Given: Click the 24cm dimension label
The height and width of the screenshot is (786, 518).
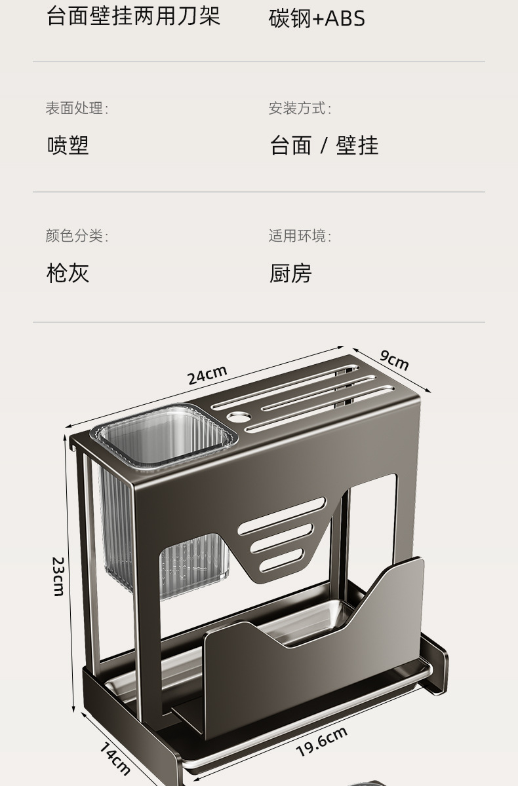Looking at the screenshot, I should click(x=207, y=375).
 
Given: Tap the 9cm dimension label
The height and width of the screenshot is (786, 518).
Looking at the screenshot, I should click(x=394, y=360).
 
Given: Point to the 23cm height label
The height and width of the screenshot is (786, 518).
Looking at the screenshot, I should click(x=58, y=576).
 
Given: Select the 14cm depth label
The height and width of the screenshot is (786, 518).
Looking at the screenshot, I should click(x=115, y=758).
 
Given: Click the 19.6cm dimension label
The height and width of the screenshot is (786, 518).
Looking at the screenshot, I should click(x=321, y=741).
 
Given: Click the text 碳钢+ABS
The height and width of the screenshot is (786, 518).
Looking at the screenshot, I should click(x=317, y=19).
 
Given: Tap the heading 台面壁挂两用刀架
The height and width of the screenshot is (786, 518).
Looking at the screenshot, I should click(x=133, y=16).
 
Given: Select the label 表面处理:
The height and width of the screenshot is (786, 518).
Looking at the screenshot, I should click(x=77, y=108).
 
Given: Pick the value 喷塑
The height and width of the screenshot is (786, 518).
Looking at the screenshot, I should click(x=68, y=145).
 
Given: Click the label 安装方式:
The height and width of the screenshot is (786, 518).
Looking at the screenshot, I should click(x=300, y=108).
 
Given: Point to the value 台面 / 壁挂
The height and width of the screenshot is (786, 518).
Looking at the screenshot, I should click(x=324, y=145).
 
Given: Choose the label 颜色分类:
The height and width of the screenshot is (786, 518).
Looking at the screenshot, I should click(x=77, y=236).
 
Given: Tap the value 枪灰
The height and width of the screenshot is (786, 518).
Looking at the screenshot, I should click(x=68, y=272).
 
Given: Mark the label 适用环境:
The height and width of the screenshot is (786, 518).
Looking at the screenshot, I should click(x=300, y=236).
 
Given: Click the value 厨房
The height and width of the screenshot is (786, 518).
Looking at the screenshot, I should click(x=290, y=272).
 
